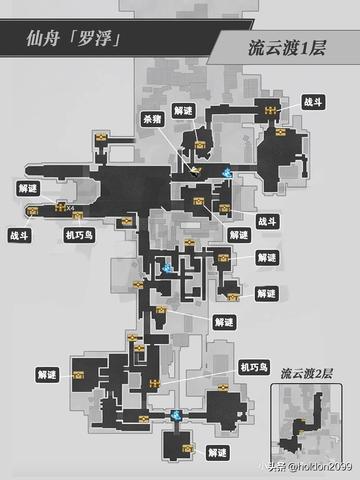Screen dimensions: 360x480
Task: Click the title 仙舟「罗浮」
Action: coord(74,42)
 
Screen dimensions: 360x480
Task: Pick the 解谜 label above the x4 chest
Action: coord(29,187)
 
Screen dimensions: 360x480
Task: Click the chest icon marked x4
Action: coord(59,209)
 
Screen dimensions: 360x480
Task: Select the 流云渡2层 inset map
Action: coord(305,416)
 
